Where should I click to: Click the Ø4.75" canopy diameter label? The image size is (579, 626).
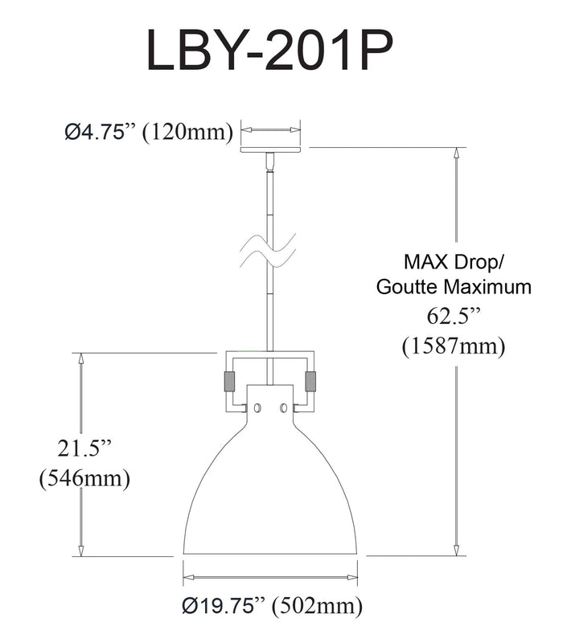pyautogui.click(x=101, y=131)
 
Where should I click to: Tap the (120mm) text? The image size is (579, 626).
pyautogui.click(x=187, y=132)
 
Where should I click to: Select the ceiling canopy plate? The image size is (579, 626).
pyautogui.click(x=270, y=149)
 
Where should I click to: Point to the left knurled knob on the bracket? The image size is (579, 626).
pyautogui.click(x=230, y=382)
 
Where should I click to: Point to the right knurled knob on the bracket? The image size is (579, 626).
pyautogui.click(x=310, y=382)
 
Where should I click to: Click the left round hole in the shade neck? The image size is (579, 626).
pyautogui.click(x=257, y=408)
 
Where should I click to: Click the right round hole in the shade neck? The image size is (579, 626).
pyautogui.click(x=284, y=408)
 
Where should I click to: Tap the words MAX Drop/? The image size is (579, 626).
pyautogui.click(x=454, y=262)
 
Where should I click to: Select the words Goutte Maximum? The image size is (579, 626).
pyautogui.click(x=454, y=287)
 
